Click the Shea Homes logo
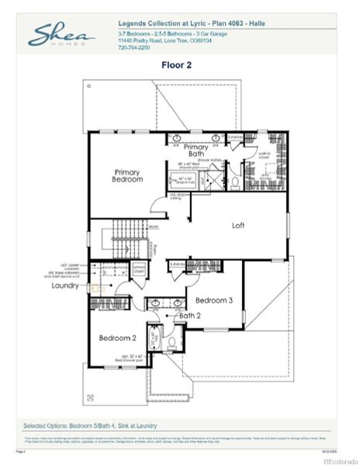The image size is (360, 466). [x=61, y=36]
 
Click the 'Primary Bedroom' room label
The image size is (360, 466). [x=128, y=176]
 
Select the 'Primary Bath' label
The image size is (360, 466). [x=196, y=150]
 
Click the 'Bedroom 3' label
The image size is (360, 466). [x=214, y=300]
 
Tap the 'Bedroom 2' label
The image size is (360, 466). [x=118, y=338]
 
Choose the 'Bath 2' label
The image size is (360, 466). [x=191, y=316]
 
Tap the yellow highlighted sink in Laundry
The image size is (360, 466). [x=97, y=289]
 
